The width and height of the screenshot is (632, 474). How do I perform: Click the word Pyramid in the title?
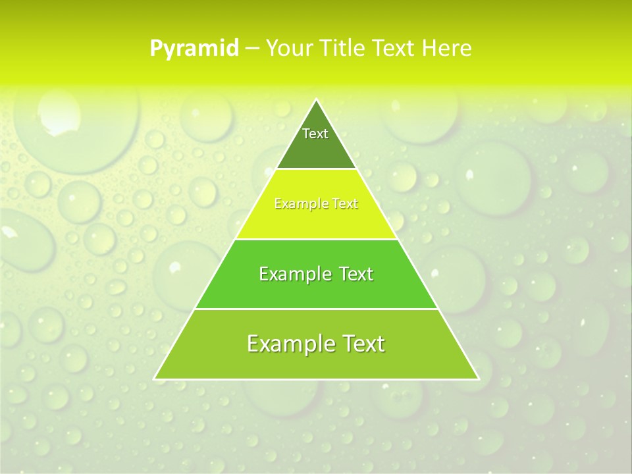click(194, 49)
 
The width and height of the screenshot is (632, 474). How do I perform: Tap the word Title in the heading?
click(345, 49)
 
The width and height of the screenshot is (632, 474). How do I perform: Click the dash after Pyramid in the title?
click(252, 49)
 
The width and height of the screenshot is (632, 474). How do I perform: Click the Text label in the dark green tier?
click(315, 134)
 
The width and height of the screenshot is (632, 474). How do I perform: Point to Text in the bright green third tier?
click(354, 274)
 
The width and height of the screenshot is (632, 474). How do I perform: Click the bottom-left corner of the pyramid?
click(155, 379)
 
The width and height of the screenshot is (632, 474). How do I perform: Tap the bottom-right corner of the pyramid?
click(478, 379)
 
